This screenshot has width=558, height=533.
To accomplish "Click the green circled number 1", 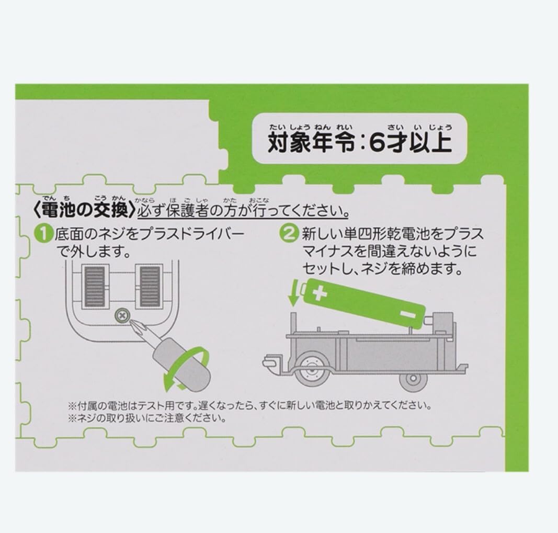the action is pos(47,234).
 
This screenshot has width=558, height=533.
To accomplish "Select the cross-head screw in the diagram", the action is pos(122,315).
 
